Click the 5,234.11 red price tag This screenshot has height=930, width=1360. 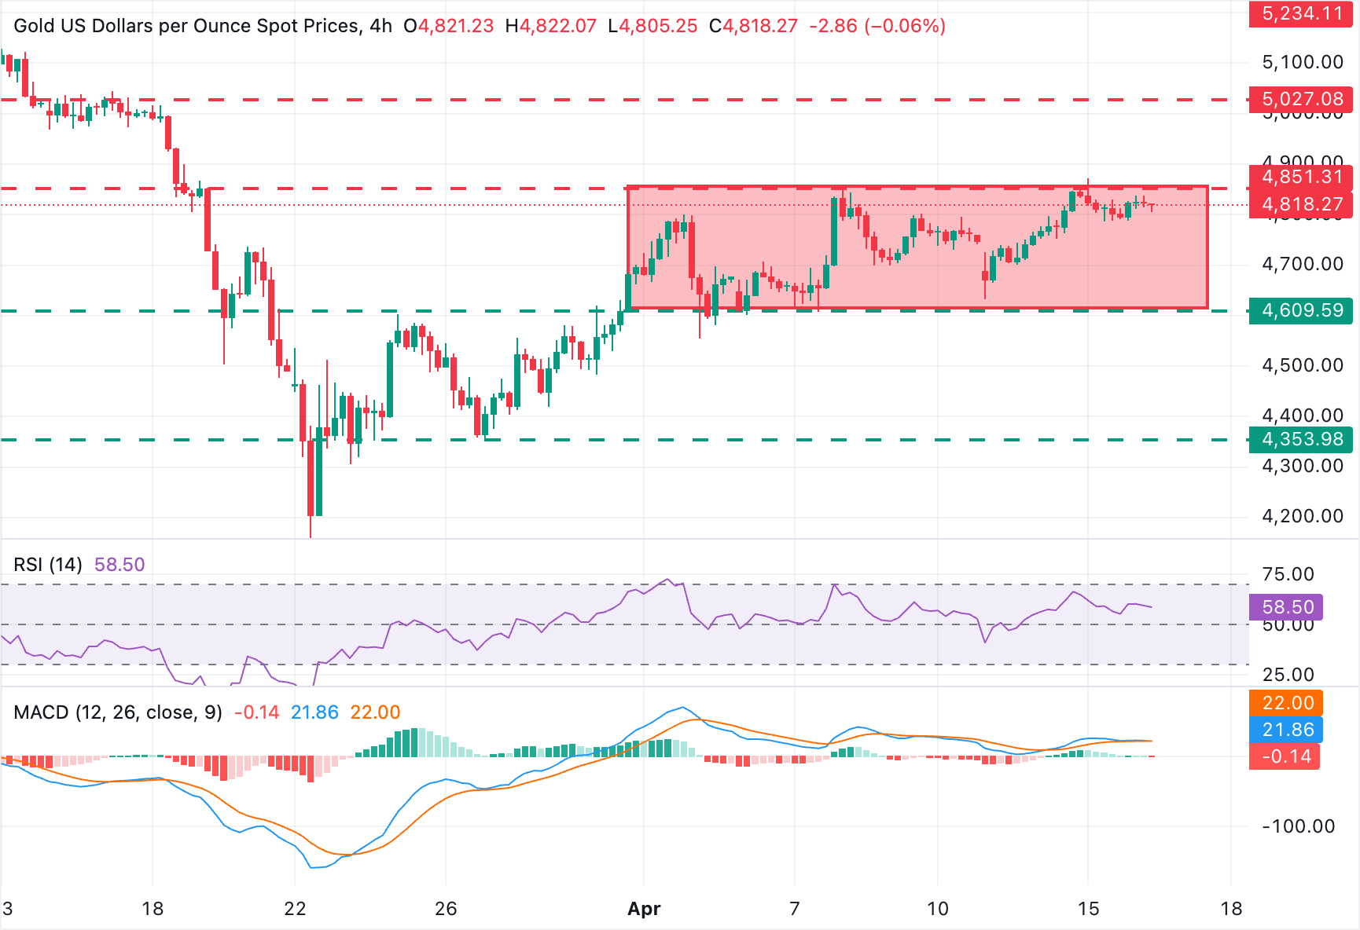point(1301,13)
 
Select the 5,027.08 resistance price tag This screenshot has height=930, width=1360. point(1301,100)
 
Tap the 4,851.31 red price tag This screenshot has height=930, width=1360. point(1301,178)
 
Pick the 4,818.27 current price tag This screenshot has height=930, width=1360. point(1301,205)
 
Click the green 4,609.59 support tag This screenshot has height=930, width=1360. point(1301,311)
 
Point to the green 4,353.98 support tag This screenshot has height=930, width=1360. point(1301,440)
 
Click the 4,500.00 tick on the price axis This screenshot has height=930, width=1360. point(1303,365)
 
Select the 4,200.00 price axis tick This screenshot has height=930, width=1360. point(1303,516)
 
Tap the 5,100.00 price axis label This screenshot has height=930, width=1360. point(1303,62)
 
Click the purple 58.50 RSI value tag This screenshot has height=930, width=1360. point(1287,607)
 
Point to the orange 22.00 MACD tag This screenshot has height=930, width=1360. point(1287,703)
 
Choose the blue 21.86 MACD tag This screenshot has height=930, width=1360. point(1287,730)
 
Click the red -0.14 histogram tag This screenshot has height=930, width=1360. point(1285,756)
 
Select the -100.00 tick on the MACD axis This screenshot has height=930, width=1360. point(1298,826)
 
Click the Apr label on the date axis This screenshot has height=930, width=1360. point(644,909)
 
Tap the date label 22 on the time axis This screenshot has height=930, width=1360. point(295,909)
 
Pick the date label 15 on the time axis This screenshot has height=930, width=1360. point(1088,909)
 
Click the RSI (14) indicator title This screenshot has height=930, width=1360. point(48,565)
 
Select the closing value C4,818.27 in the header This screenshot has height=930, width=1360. point(753,26)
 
